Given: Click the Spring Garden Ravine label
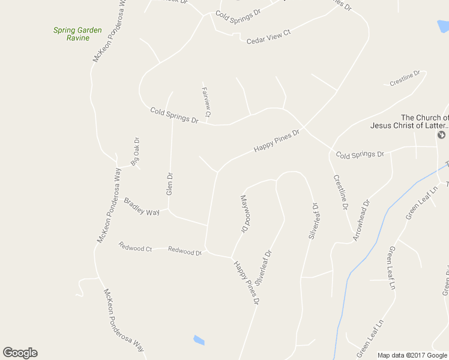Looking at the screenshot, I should (77, 34).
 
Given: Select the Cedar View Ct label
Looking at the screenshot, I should (268, 36).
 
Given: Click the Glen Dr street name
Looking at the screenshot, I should (169, 184).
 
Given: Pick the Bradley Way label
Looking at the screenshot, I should (142, 207).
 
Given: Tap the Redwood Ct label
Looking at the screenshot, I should (135, 247).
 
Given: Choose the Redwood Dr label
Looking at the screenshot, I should (185, 251).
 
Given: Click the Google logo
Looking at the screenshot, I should (20, 353).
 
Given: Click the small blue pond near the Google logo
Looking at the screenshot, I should (199, 340).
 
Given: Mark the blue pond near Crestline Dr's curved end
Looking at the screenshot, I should (443, 27).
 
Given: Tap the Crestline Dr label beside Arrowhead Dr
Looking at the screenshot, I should (340, 191).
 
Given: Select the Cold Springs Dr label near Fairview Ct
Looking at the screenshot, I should (174, 115).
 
